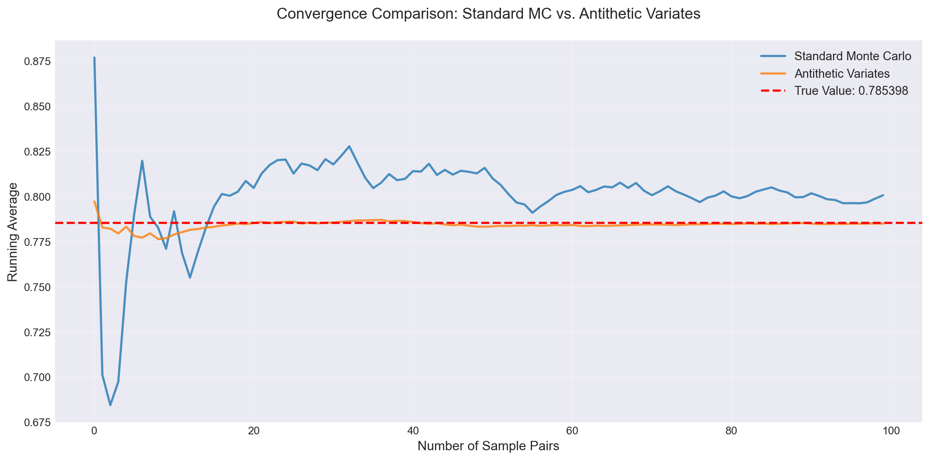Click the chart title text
(x=488, y=14)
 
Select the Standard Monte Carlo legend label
(x=853, y=56)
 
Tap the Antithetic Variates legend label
(x=842, y=74)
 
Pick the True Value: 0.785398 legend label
(x=851, y=91)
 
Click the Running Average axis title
(x=13, y=232)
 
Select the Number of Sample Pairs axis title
(x=488, y=446)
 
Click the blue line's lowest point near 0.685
(x=110, y=405)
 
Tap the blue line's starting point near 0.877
(x=95, y=58)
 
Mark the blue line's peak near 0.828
(x=349, y=146)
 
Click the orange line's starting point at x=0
(x=95, y=201)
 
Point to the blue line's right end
(x=883, y=195)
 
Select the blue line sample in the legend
(x=772, y=56)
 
